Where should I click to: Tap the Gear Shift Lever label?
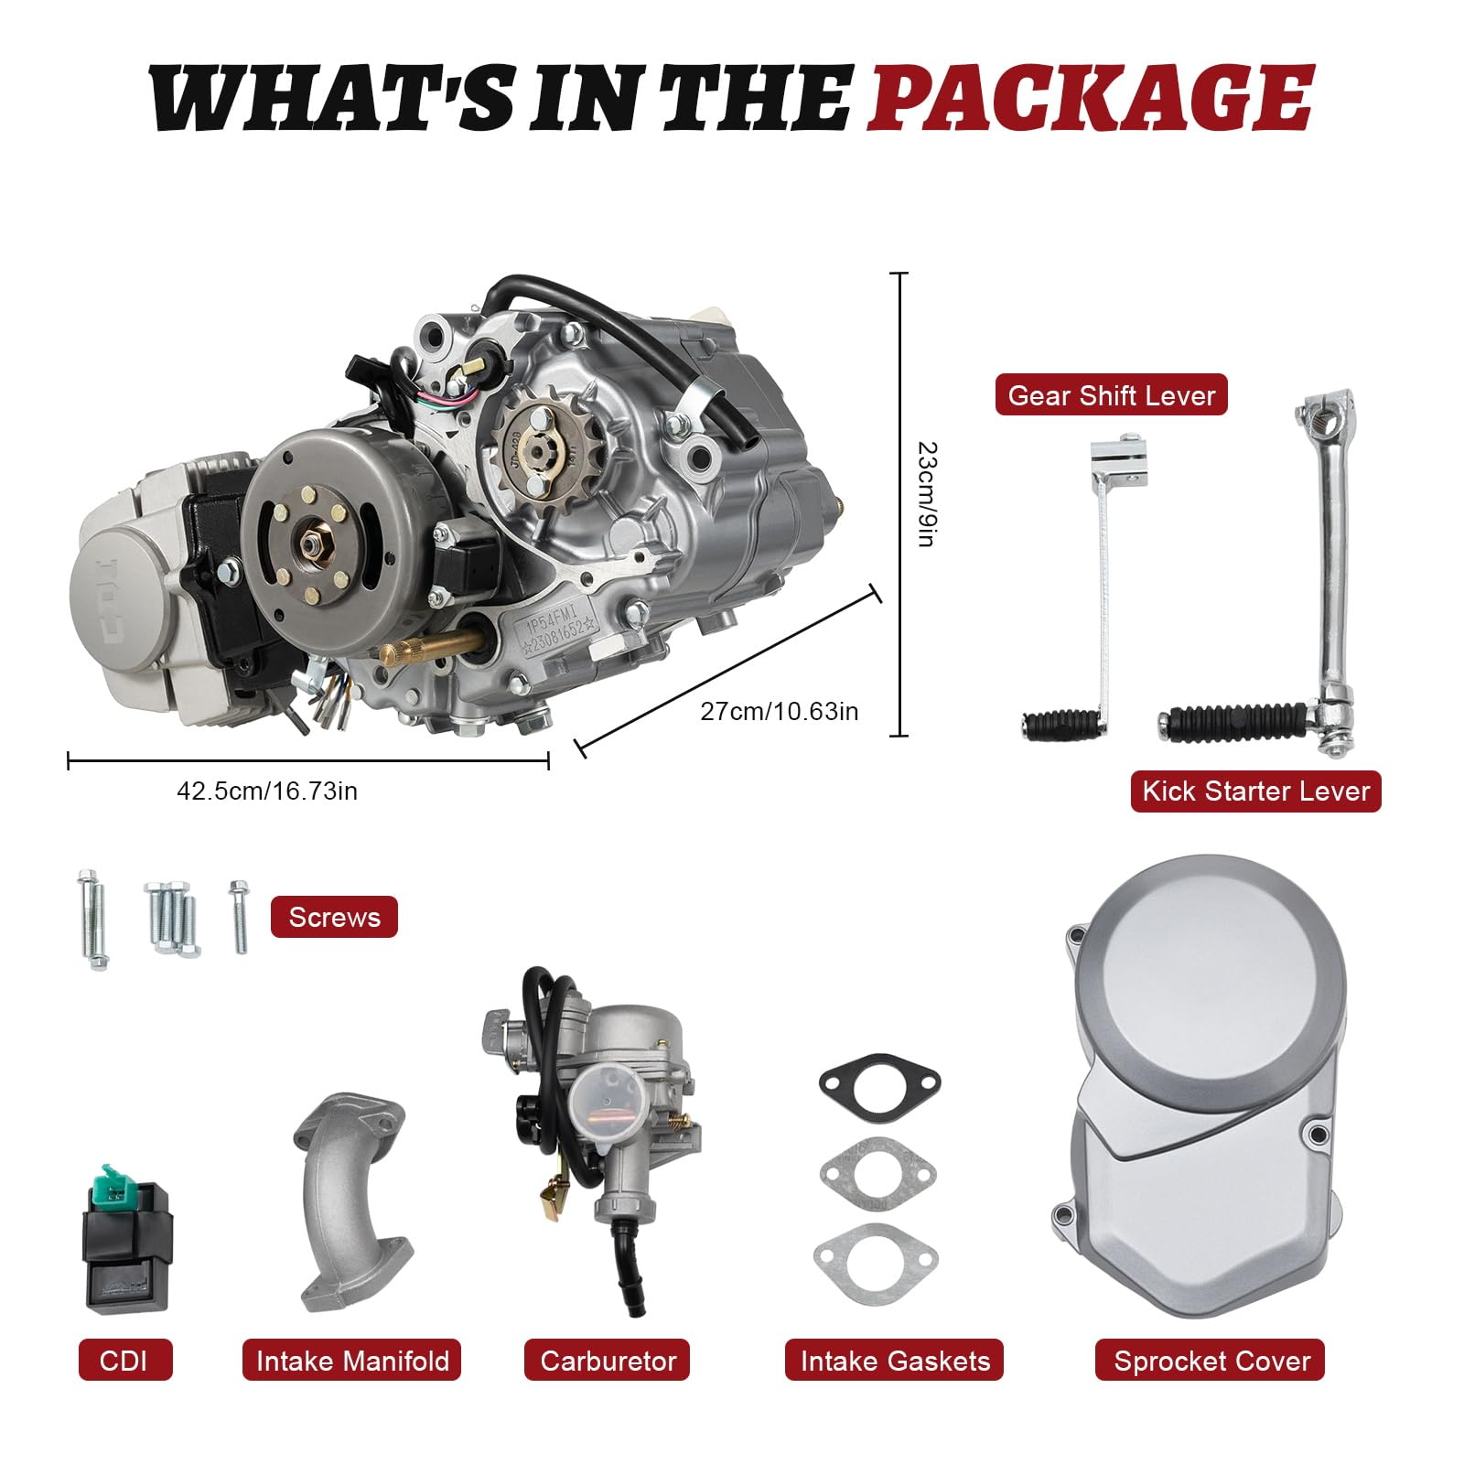(x=1111, y=395)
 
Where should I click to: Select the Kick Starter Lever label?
(x=1255, y=791)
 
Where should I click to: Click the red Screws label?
(x=334, y=917)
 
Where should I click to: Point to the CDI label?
(x=124, y=1361)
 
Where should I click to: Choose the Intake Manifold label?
(x=352, y=1361)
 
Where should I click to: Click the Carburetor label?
(x=608, y=1361)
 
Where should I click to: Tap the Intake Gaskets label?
(x=894, y=1361)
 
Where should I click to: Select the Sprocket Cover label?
(x=1211, y=1361)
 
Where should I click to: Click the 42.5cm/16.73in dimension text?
(x=266, y=791)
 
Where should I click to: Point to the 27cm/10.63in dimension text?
(x=779, y=711)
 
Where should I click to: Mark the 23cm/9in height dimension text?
(x=926, y=494)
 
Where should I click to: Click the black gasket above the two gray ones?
(x=879, y=1082)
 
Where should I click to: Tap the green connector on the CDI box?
(x=114, y=1178)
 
